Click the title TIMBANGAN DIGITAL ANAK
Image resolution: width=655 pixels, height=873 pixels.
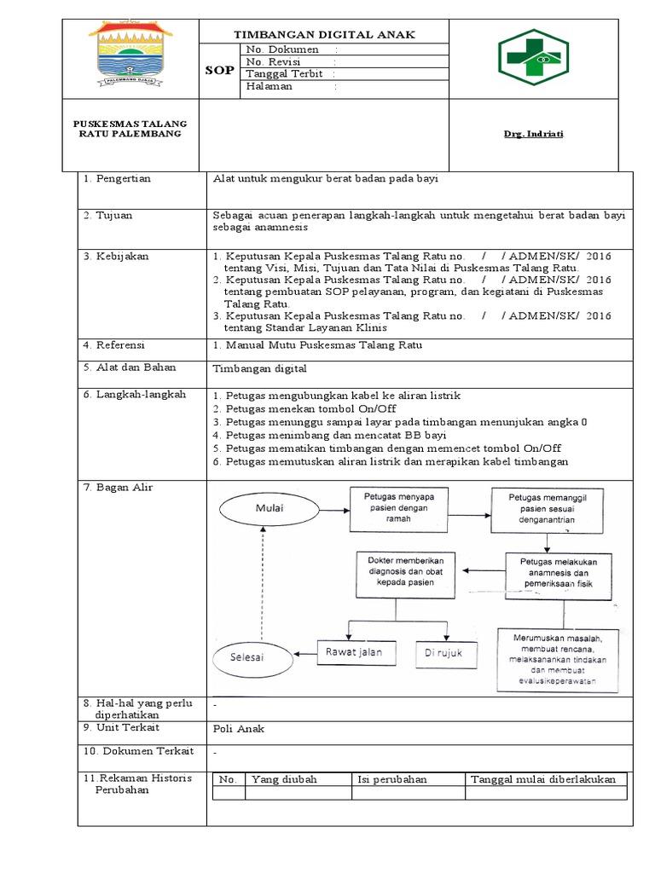[325, 34]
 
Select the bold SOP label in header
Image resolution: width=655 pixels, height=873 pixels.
[219, 70]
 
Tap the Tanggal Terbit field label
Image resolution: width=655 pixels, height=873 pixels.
[285, 73]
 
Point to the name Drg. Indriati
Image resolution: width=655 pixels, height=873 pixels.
[532, 134]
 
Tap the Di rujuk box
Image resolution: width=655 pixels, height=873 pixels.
[443, 653]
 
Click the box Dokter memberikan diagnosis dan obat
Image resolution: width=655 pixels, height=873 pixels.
[394, 573]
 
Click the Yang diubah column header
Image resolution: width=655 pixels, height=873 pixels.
[277, 779]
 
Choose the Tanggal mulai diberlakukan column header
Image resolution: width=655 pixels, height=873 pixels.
[543, 779]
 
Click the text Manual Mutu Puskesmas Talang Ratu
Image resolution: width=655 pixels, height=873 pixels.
[318, 345]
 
